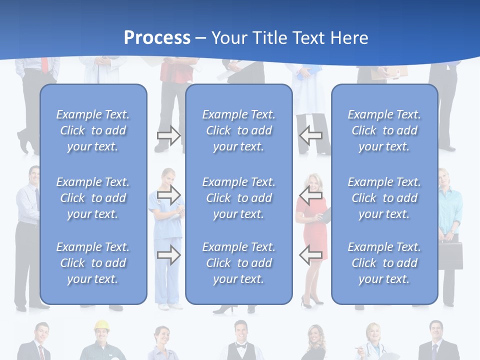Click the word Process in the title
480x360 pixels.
(157, 38)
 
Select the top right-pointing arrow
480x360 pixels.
(168, 135)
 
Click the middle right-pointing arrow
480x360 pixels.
(168, 194)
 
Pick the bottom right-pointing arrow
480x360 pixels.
(168, 255)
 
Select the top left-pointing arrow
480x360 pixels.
(310, 135)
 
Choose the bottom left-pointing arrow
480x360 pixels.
(310, 255)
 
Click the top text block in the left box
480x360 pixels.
(93, 130)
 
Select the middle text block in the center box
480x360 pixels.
(238, 198)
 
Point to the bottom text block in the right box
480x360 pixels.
(384, 263)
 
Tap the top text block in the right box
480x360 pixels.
(384, 130)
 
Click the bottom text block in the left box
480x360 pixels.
(93, 263)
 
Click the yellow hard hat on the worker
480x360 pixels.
(102, 325)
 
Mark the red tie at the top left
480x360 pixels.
(45, 64)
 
